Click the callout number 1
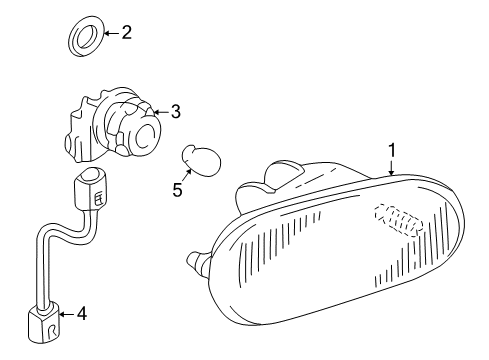click(392, 150)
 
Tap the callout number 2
click(126, 33)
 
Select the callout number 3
click(175, 112)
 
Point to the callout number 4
click(82, 314)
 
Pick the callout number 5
click(177, 188)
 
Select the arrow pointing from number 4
click(67, 314)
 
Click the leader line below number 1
click(392, 166)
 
